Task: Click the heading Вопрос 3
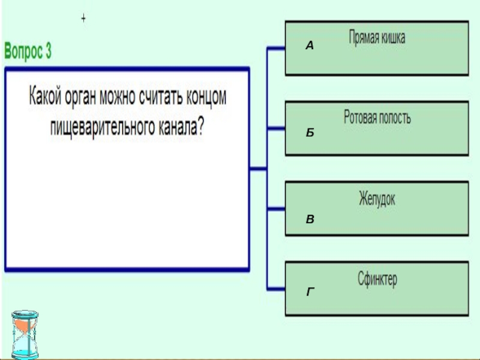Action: (x=28, y=52)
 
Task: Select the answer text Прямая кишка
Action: (x=377, y=38)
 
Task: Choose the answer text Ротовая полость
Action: (x=377, y=118)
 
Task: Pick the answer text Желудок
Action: (x=377, y=199)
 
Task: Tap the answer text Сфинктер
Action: (x=377, y=280)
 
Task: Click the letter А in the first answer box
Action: (x=309, y=46)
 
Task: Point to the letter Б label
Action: (x=310, y=133)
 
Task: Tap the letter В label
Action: (x=310, y=220)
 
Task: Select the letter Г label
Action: (x=310, y=292)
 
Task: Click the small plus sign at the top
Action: (x=83, y=19)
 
